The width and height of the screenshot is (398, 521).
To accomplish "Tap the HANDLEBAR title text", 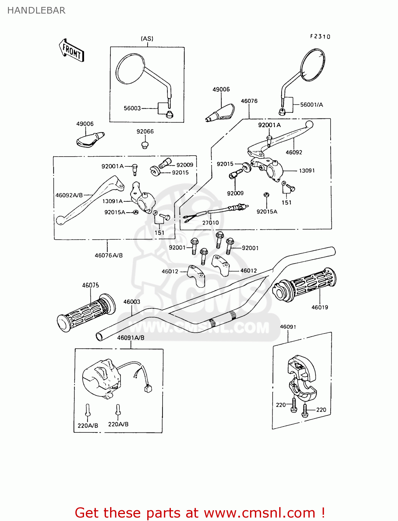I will pyautogui.click(x=36, y=10).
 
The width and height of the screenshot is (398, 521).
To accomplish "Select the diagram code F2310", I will pyautogui.click(x=320, y=36).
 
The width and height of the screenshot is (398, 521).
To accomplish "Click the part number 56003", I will pyautogui.click(x=132, y=108).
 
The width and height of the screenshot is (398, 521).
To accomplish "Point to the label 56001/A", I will pyautogui.click(x=312, y=105).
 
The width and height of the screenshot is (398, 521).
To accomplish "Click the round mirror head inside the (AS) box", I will pyautogui.click(x=130, y=69).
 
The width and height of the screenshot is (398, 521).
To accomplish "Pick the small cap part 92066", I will pyautogui.click(x=145, y=144).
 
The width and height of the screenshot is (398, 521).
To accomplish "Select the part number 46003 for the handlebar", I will pyautogui.click(x=132, y=302).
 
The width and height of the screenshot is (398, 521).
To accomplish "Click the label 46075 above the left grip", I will pyautogui.click(x=90, y=285).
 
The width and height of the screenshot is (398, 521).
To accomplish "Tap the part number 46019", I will pyautogui.click(x=320, y=307).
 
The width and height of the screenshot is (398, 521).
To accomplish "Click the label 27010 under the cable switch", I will pyautogui.click(x=210, y=223).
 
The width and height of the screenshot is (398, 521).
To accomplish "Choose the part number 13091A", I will pyautogui.click(x=112, y=201).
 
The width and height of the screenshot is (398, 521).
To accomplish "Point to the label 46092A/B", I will pyautogui.click(x=69, y=195).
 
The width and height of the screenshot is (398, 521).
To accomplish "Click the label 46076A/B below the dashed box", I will pyautogui.click(x=108, y=255).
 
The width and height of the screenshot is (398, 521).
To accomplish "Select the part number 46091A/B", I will pyautogui.click(x=131, y=338).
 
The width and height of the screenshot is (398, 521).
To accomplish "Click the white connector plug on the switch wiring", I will pyautogui.click(x=148, y=388).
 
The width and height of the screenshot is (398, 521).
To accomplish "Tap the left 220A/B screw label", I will pyautogui.click(x=88, y=425).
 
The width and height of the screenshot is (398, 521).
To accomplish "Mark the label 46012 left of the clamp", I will pyautogui.click(x=170, y=271).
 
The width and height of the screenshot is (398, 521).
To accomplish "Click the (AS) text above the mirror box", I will pyautogui.click(x=147, y=39).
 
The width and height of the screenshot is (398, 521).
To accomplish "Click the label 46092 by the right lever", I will pyautogui.click(x=294, y=152).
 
